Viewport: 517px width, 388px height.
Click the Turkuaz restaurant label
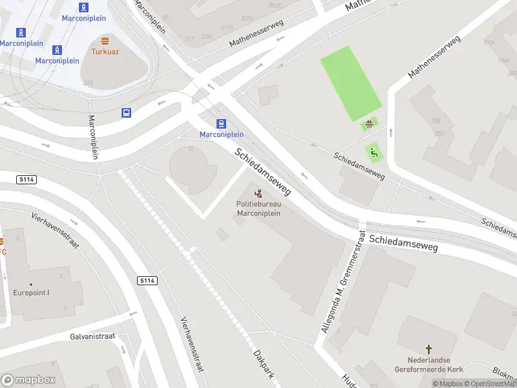pos(104,51)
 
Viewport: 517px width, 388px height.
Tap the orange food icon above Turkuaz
pos(105,41)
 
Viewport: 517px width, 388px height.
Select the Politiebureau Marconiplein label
pos(258,209)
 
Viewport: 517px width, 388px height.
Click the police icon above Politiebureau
pos(258,193)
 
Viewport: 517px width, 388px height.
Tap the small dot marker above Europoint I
pos(30,283)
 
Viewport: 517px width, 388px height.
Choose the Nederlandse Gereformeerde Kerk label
pos(428,365)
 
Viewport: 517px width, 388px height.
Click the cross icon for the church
pos(428,349)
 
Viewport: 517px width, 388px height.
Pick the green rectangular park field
pos(350,83)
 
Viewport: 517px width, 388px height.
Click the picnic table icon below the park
pos(370,125)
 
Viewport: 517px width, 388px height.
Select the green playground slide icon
pos(374,153)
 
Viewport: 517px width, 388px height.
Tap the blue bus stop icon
pos(126,113)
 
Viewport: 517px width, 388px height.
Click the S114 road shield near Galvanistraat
pos(146,280)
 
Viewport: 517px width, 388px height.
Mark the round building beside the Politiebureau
pos(193,170)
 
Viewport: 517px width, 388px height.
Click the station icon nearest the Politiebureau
pos(222,124)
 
